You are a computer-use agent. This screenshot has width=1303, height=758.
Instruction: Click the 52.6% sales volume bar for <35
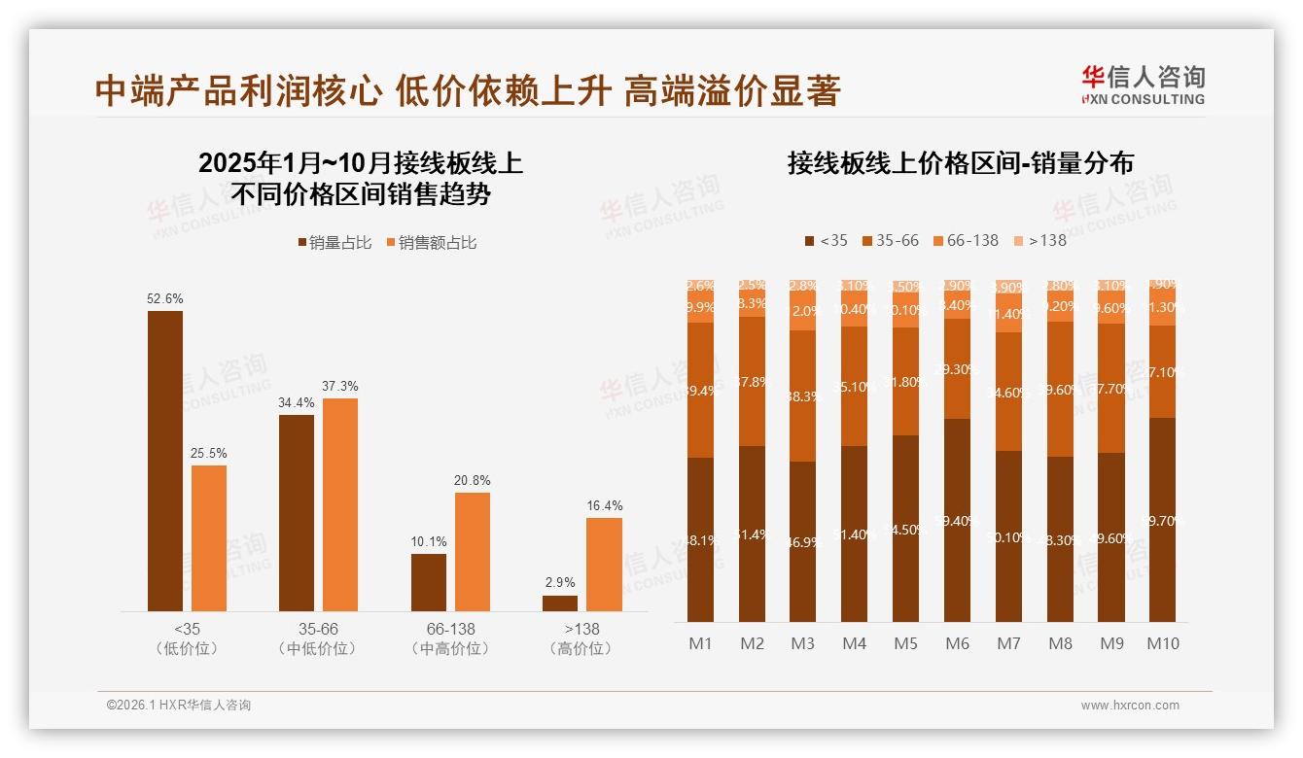pyautogui.click(x=165, y=461)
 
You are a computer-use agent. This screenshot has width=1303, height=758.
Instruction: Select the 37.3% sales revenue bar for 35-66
pyautogui.click(x=340, y=504)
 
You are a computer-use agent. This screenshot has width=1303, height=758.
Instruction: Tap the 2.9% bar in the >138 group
pyautogui.click(x=560, y=603)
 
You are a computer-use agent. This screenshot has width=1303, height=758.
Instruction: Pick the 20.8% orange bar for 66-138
pyautogui.click(x=473, y=551)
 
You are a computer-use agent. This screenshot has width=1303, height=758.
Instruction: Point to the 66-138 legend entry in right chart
pyautogui.click(x=965, y=240)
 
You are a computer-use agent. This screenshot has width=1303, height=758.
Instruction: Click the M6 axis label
pyautogui.click(x=957, y=643)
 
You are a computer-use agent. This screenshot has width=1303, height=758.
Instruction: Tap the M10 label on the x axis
pyautogui.click(x=1162, y=643)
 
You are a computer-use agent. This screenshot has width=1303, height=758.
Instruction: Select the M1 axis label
pyautogui.click(x=700, y=643)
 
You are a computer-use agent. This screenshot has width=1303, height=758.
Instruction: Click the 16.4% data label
pyautogui.click(x=604, y=505)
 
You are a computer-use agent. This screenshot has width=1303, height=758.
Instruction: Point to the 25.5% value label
pyautogui.click(x=209, y=453)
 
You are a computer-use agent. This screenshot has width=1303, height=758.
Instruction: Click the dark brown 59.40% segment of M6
pyautogui.click(x=957, y=520)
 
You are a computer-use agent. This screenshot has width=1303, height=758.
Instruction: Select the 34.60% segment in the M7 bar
pyautogui.click(x=1008, y=392)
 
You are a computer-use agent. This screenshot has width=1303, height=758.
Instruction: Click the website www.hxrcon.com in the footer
pyautogui.click(x=1130, y=706)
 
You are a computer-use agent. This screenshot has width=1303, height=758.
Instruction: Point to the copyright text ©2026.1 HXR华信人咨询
pyautogui.click(x=179, y=706)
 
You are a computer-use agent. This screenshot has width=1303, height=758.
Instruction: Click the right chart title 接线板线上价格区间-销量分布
pyautogui.click(x=960, y=163)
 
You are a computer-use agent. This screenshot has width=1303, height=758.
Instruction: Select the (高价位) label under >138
pyautogui.click(x=581, y=649)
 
